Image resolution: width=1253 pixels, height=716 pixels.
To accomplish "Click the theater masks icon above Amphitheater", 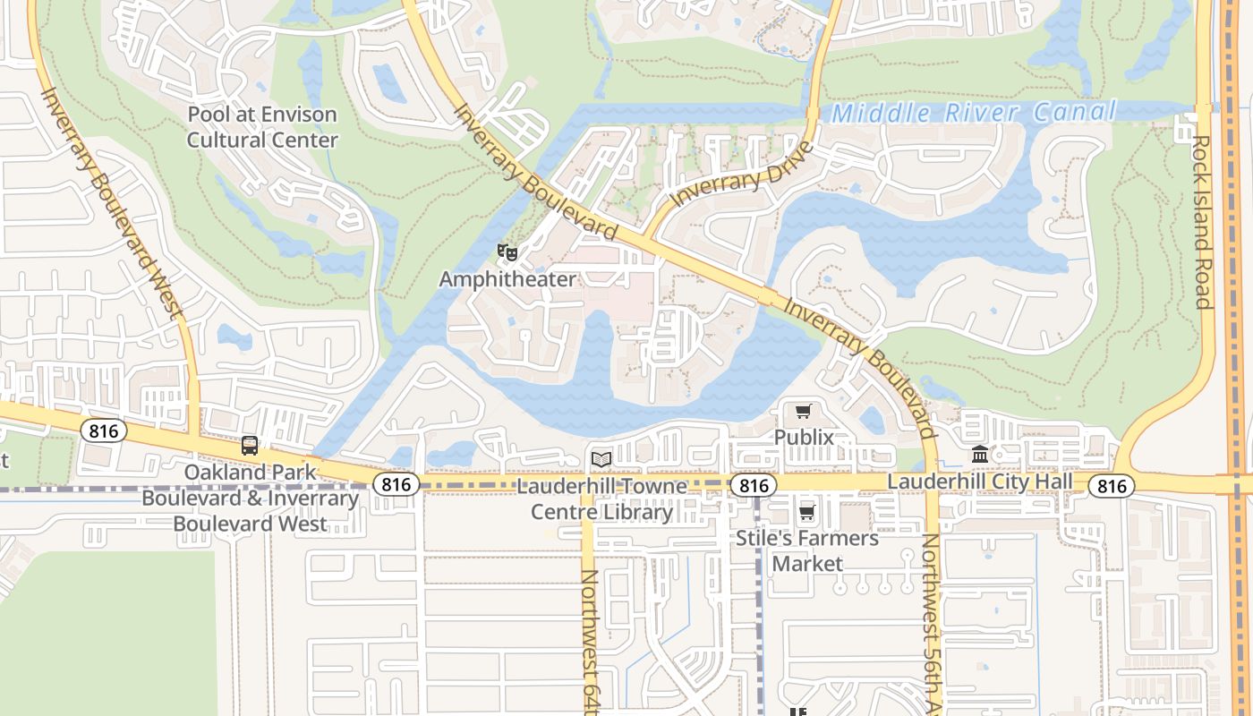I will pyautogui.click(x=507, y=252).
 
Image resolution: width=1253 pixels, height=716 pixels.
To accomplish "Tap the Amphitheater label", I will pyautogui.click(x=507, y=279).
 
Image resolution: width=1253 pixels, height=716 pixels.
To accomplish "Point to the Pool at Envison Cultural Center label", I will pyautogui.click(x=262, y=127).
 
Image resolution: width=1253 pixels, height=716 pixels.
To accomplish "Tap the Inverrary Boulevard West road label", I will pyautogui.click(x=111, y=202).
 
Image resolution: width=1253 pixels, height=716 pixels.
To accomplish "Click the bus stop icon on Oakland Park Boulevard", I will pyautogui.click(x=250, y=446).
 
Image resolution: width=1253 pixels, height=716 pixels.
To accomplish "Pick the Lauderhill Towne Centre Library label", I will pyautogui.click(x=601, y=499).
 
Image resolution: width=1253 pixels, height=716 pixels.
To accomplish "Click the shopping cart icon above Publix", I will pyautogui.click(x=803, y=412).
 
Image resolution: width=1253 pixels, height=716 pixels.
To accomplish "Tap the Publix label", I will pyautogui.click(x=804, y=438).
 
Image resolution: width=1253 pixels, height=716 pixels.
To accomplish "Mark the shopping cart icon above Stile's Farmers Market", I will pyautogui.click(x=806, y=513).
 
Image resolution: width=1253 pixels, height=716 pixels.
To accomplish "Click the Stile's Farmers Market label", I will pyautogui.click(x=807, y=550).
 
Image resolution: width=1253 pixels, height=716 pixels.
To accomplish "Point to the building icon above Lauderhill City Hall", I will pyautogui.click(x=979, y=456).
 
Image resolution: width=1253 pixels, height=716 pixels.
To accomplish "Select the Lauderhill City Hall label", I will pyautogui.click(x=979, y=482).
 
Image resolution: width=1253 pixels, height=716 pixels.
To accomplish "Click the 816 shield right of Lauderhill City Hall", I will pyautogui.click(x=1112, y=486).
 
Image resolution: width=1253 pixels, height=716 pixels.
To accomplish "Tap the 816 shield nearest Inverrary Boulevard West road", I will pyautogui.click(x=104, y=431).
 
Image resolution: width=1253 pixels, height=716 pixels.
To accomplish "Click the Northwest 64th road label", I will pyautogui.click(x=589, y=640).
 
